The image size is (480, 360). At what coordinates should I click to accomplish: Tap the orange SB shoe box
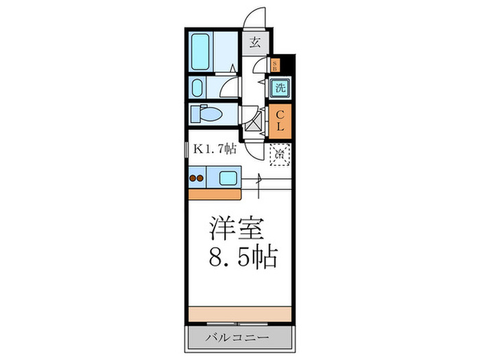tap(276, 66)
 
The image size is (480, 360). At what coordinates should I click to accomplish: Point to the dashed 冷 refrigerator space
tap(280, 155)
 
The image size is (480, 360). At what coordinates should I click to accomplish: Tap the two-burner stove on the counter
tap(197, 180)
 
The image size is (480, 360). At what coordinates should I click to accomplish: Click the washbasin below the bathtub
tap(197, 88)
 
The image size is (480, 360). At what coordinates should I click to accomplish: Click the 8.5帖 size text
tap(243, 258)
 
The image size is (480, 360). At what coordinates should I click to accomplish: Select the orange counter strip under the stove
tap(213, 193)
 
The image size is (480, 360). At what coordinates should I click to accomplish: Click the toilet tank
tap(193, 114)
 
